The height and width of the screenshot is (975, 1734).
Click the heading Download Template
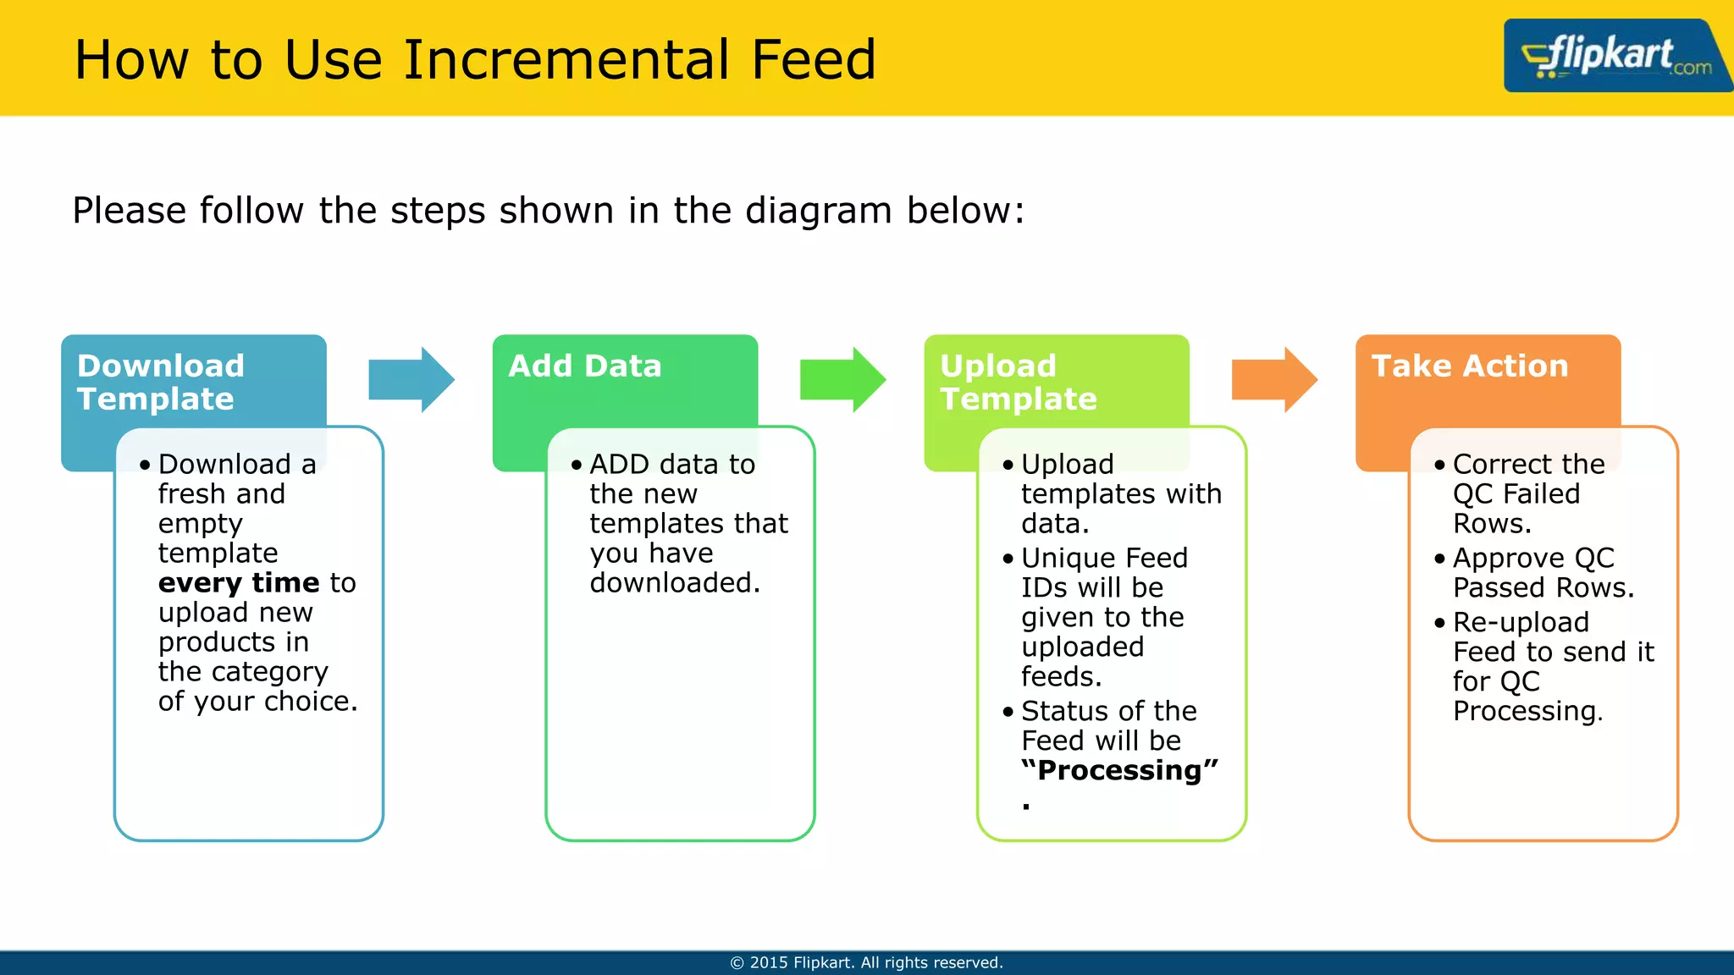[160, 382]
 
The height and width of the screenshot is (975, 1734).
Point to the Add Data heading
[584, 366]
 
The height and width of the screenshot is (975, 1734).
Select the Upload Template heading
[1018, 382]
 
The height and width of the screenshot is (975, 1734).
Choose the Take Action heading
[1469, 366]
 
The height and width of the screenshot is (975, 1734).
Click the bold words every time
[238, 582]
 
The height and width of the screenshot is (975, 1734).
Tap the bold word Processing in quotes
[1118, 770]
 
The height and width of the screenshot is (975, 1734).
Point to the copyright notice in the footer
[866, 962]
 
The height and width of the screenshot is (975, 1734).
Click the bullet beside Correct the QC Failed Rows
[1439, 465]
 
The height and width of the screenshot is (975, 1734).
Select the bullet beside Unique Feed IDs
[1008, 559]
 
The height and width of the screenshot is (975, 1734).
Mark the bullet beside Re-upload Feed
[1439, 623]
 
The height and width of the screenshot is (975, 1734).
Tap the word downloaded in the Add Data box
[673, 582]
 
